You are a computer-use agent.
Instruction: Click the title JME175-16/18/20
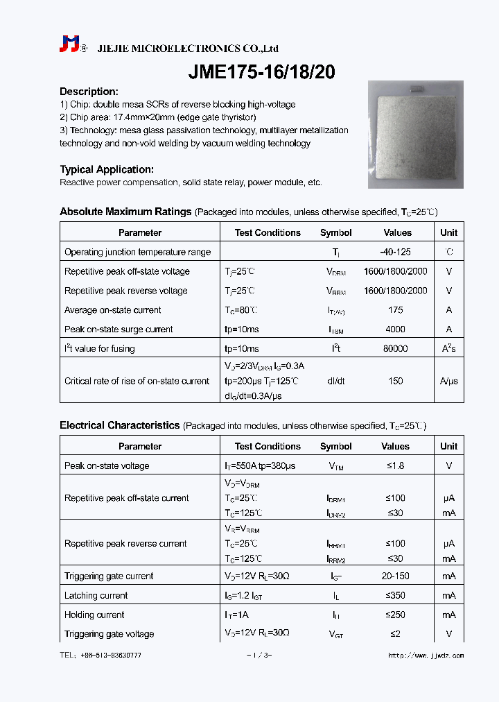(262, 72)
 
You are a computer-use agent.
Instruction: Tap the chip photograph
(414, 135)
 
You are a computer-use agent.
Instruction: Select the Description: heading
(89, 92)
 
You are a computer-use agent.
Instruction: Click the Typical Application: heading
(106, 169)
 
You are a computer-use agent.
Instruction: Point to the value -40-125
(397, 252)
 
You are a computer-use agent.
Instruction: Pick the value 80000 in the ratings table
(396, 349)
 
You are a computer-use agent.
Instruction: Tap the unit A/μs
(448, 381)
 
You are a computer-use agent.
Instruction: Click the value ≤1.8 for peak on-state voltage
(396, 466)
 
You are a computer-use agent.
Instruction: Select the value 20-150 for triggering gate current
(396, 576)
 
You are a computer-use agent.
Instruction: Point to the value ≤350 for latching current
(396, 596)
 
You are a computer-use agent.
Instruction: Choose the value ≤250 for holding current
(396, 615)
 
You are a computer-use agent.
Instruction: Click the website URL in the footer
(426, 656)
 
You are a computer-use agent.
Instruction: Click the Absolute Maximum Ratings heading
(125, 212)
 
